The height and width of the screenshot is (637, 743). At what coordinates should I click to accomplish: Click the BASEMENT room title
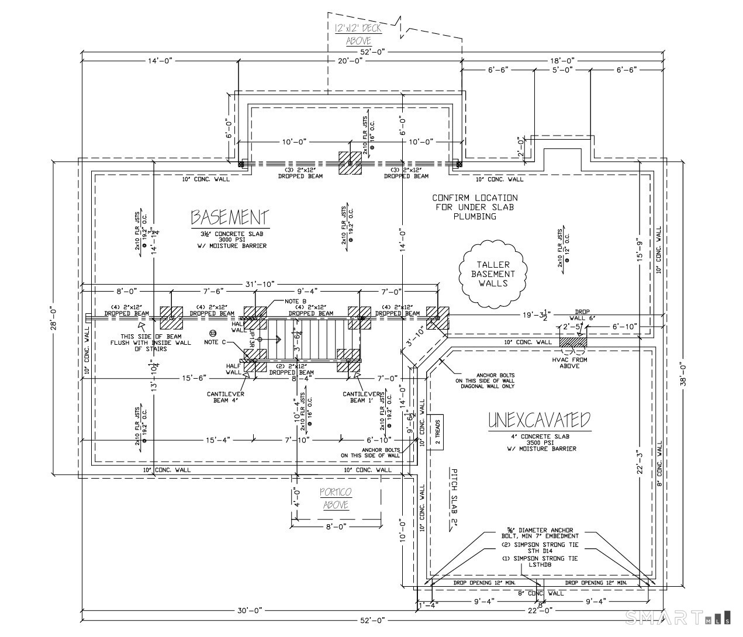(x=230, y=218)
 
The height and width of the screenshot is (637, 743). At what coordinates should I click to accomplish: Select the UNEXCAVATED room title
(x=539, y=420)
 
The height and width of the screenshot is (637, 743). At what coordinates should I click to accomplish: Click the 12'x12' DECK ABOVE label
(x=358, y=34)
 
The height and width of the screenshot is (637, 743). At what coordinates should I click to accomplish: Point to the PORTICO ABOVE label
(x=336, y=498)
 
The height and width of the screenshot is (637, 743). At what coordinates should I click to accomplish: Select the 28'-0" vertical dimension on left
(x=53, y=317)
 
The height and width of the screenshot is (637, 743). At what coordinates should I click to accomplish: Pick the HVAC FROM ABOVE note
(x=569, y=362)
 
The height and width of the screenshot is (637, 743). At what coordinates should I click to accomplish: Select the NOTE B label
(x=295, y=301)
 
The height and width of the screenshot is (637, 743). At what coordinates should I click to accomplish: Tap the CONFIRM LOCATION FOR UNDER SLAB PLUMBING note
(x=475, y=207)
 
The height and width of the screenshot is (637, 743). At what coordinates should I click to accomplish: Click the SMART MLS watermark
(x=678, y=617)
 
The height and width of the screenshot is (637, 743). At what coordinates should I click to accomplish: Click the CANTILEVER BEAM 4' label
(x=225, y=397)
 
